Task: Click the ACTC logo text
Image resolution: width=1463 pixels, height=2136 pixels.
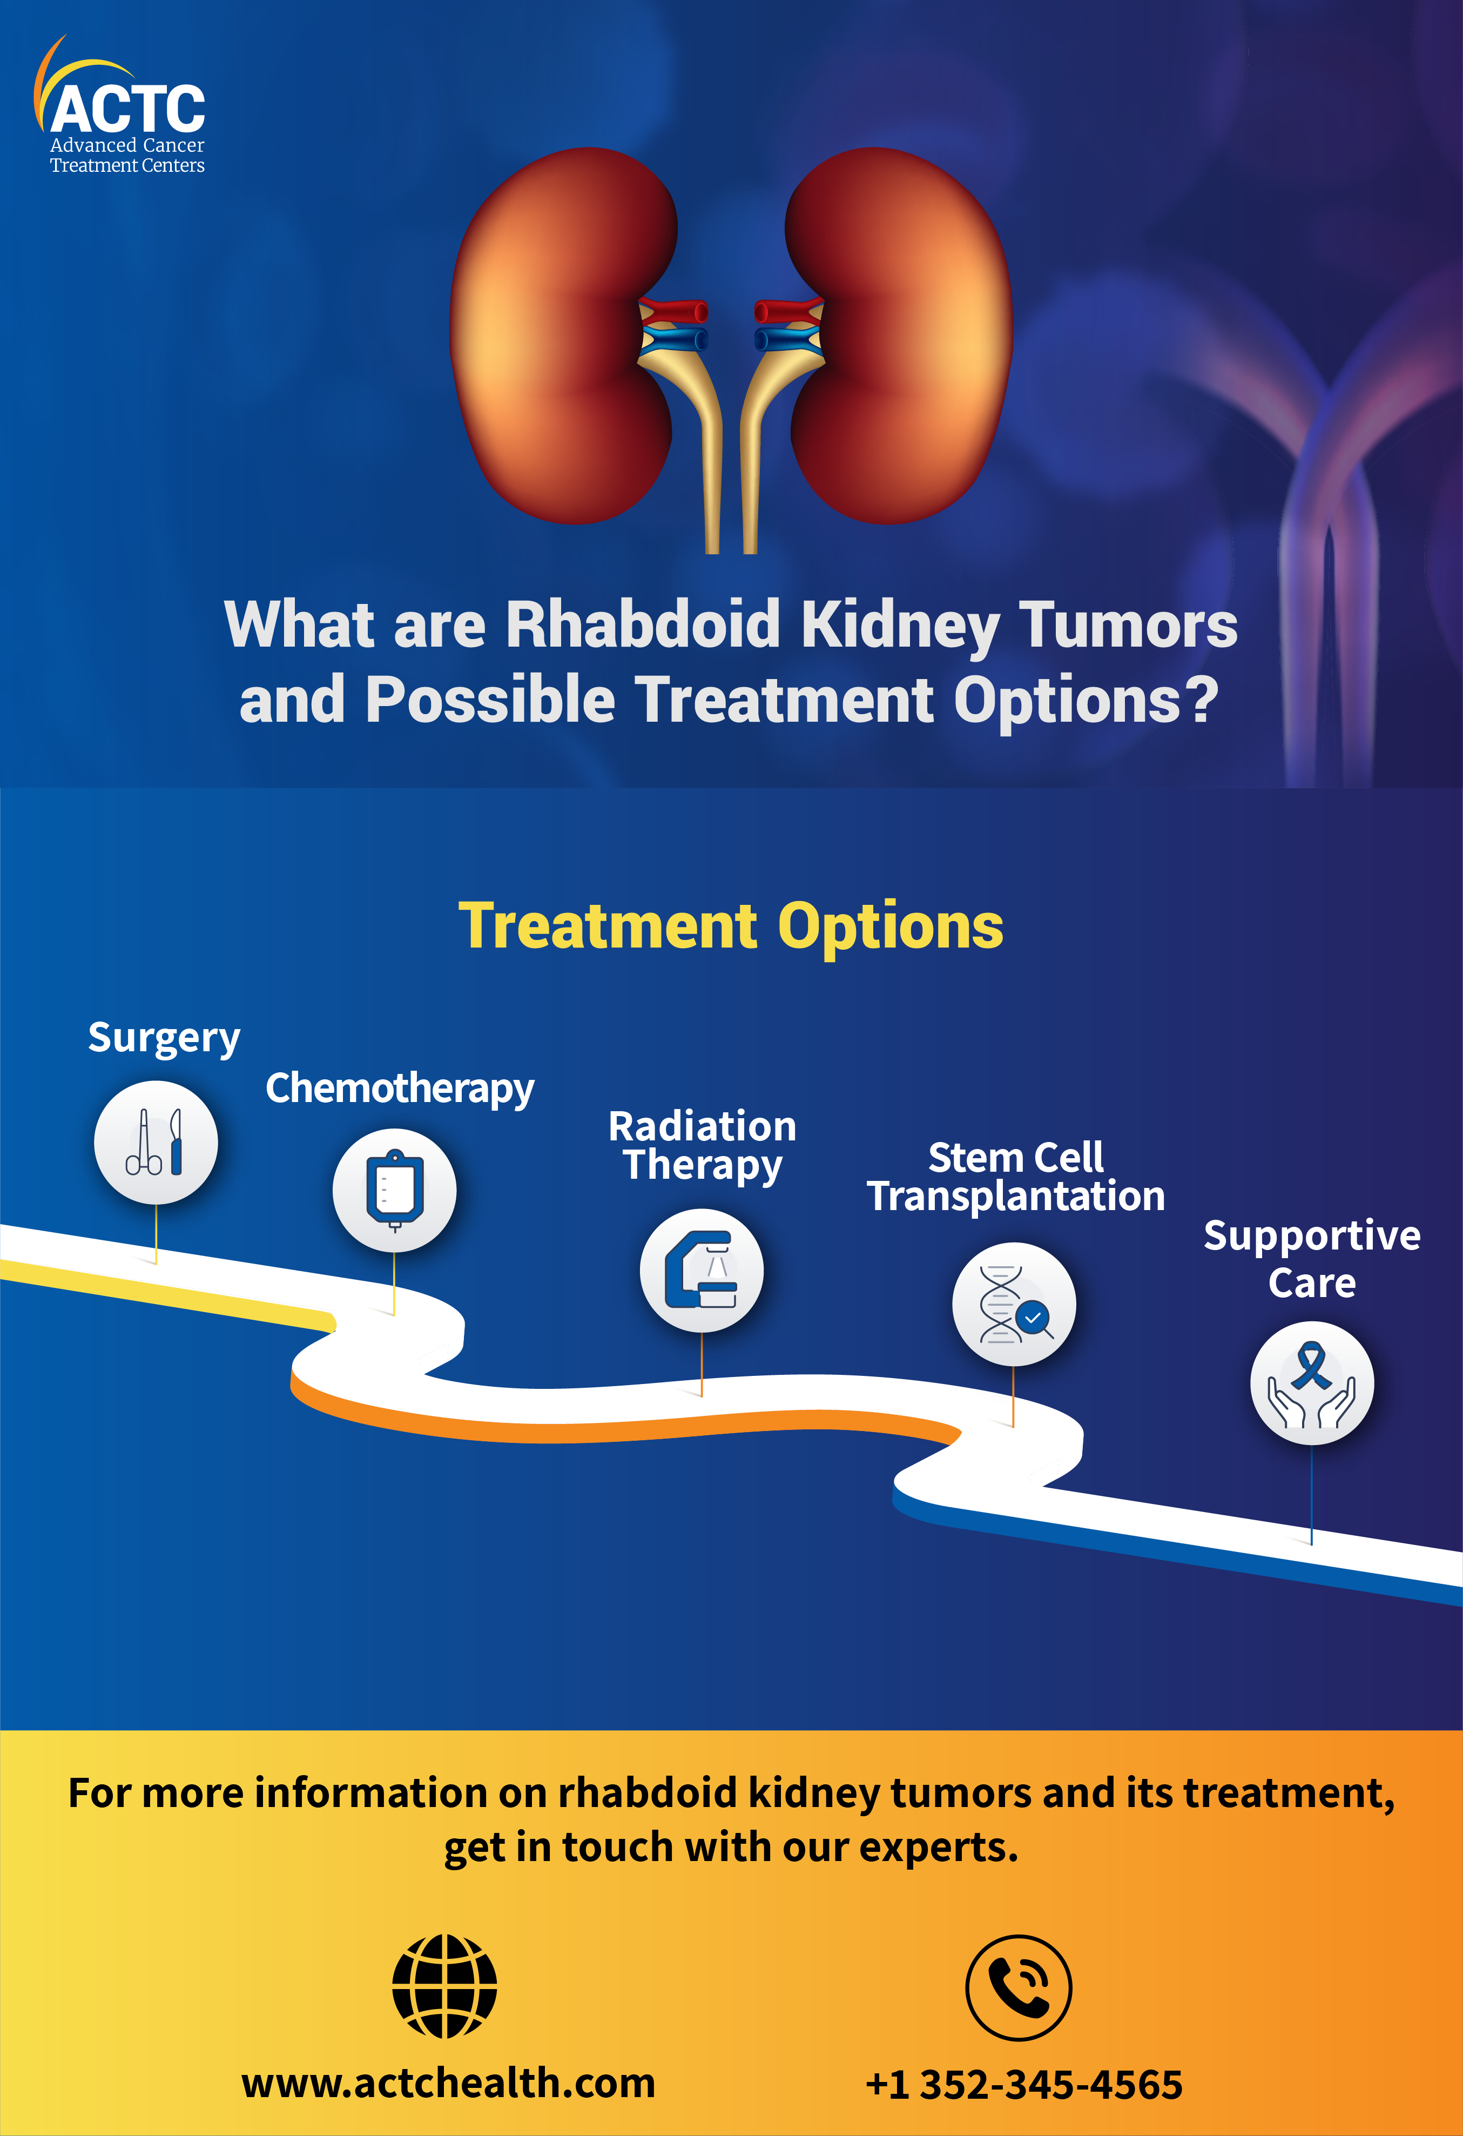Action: pyautogui.click(x=128, y=109)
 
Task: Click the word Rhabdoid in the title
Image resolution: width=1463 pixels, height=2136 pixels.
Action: pyautogui.click(x=643, y=625)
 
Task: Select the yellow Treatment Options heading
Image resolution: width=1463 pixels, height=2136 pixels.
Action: pyautogui.click(x=731, y=926)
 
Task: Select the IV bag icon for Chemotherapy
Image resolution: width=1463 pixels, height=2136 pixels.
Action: pyautogui.click(x=394, y=1190)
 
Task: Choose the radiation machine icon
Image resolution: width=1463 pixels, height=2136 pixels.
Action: pyautogui.click(x=701, y=1270)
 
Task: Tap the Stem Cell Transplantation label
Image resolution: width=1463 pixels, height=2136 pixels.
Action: pyautogui.click(x=1015, y=1177)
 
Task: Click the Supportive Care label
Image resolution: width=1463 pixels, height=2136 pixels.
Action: pyautogui.click(x=1312, y=1259)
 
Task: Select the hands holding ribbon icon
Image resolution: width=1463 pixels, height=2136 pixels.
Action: pyautogui.click(x=1312, y=1383)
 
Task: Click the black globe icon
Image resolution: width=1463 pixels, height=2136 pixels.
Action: pyautogui.click(x=445, y=1987)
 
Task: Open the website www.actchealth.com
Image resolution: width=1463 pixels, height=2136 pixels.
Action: pyautogui.click(x=448, y=2084)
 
